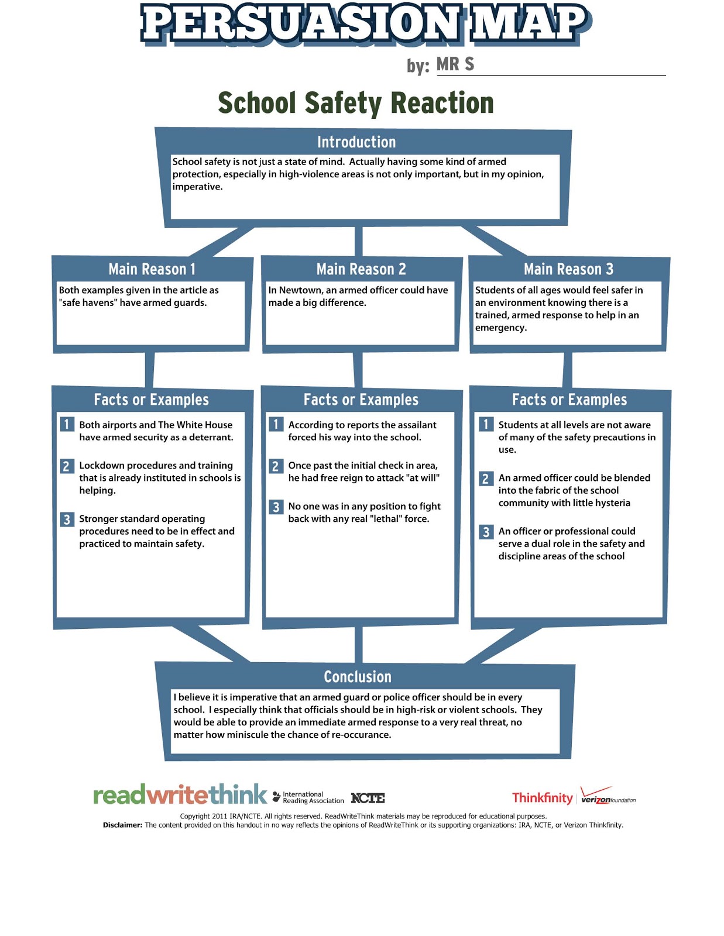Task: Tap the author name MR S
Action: click(x=455, y=64)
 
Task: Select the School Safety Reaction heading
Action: click(x=356, y=103)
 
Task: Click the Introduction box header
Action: click(x=356, y=142)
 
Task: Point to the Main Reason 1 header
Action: click(x=152, y=269)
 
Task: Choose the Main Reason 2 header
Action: click(x=361, y=269)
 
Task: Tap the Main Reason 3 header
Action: click(x=568, y=269)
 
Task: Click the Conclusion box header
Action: click(x=358, y=677)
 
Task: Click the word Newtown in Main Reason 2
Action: click(x=300, y=290)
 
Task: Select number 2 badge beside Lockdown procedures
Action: click(x=67, y=466)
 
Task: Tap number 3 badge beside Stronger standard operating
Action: click(x=67, y=519)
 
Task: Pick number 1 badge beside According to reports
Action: click(x=276, y=424)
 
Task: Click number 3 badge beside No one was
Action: click(x=276, y=507)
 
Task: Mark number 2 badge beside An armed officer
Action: click(x=485, y=479)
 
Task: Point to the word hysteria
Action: click(x=610, y=503)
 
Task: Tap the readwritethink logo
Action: click(x=180, y=796)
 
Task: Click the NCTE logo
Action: click(x=368, y=798)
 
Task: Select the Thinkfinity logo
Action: click(x=542, y=798)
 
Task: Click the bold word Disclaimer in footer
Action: click(x=122, y=825)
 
